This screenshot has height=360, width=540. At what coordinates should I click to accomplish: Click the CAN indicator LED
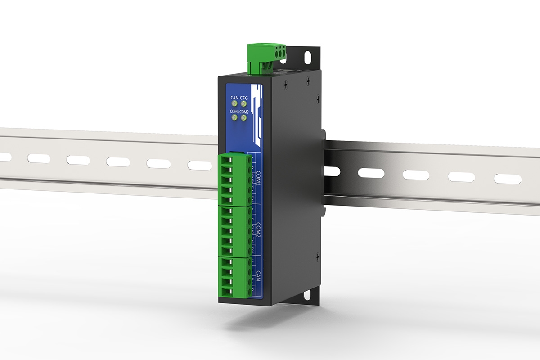(x=234, y=103)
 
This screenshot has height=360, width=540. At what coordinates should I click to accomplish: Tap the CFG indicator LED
(x=244, y=103)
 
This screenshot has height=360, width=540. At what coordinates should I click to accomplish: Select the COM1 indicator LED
(x=234, y=118)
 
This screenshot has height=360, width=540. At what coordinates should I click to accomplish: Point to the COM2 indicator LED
(x=243, y=118)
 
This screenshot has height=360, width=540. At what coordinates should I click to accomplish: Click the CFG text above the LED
(x=244, y=97)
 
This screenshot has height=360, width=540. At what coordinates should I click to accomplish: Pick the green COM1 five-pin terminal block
(x=235, y=179)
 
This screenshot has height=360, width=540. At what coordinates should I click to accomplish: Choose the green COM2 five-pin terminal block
(x=235, y=231)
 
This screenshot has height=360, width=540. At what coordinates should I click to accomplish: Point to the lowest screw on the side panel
(x=318, y=256)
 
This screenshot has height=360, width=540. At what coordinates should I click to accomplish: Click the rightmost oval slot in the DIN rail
(x=508, y=179)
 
